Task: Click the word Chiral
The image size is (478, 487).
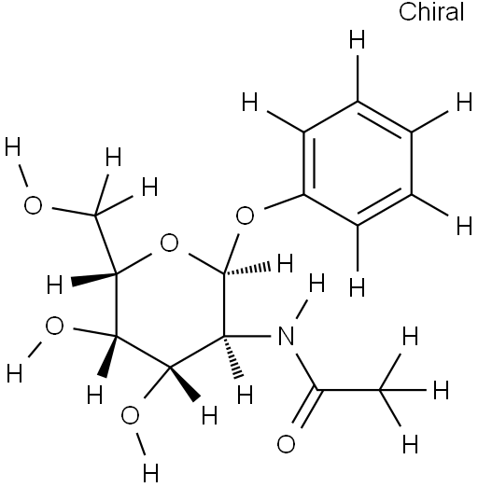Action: coord(431,12)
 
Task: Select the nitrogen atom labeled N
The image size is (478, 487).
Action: coord(287,336)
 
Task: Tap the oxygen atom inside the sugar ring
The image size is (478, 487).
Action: coord(169,243)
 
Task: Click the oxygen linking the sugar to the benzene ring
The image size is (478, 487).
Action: coord(245,216)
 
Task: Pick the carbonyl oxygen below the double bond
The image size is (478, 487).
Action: coord(286,444)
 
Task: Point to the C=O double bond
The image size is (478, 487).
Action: coord(305,408)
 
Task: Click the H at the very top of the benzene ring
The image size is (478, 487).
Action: coord(357,39)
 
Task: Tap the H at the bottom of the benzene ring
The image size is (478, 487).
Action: coord(357,287)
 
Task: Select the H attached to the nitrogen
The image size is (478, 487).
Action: coord(317,283)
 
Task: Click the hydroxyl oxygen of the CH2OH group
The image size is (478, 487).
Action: coord(33,205)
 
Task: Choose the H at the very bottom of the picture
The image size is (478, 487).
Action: coord(150,473)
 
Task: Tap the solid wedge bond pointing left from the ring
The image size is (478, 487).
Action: coord(94,278)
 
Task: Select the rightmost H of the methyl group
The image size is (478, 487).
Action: coord(442,390)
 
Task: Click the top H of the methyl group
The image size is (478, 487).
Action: coord(410,336)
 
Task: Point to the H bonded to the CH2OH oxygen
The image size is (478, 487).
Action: coord(13,146)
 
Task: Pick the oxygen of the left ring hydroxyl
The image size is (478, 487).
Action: coord(54,326)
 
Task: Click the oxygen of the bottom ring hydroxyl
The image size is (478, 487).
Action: coord(130,415)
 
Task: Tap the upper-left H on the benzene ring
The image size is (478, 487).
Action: coord(250,102)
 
